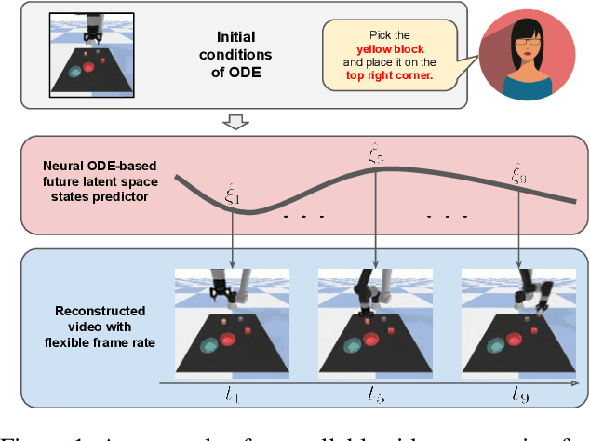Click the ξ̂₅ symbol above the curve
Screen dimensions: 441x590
(x=374, y=155)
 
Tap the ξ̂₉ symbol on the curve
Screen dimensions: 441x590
(x=519, y=174)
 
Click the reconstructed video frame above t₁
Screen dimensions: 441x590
(x=232, y=319)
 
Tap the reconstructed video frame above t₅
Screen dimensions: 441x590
(x=374, y=319)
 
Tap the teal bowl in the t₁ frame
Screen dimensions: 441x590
(x=211, y=345)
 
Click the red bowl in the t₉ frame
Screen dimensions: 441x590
(x=519, y=342)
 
